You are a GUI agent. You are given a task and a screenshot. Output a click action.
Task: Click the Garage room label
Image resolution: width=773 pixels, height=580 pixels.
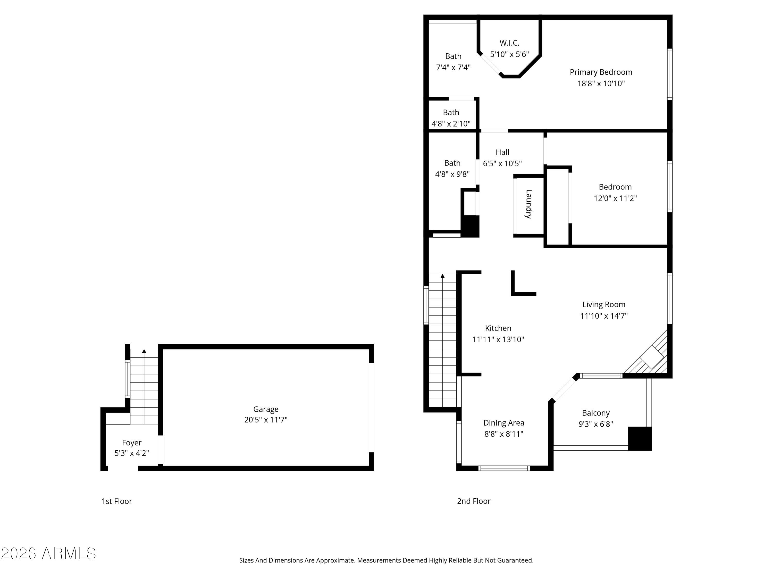[x=266, y=409]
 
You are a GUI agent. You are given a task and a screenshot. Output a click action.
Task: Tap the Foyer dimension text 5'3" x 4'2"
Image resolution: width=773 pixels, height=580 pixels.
[x=132, y=453]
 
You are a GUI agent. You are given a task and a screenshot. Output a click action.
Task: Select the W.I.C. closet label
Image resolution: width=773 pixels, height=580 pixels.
[x=509, y=43]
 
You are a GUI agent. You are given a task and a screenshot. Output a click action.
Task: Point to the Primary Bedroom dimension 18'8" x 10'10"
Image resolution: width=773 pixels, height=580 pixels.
[x=601, y=84]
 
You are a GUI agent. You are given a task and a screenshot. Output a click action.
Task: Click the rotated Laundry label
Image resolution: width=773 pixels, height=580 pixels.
[x=528, y=204]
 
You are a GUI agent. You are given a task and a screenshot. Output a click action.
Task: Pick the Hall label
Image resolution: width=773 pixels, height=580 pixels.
[x=502, y=152]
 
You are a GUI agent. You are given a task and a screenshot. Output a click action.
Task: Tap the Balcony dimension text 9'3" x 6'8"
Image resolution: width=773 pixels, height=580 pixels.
[x=595, y=424]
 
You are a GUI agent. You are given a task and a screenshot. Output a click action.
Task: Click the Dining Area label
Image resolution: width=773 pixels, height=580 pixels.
[x=503, y=423]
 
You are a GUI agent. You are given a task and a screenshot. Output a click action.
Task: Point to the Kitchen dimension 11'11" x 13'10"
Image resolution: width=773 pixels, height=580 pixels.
[x=498, y=339]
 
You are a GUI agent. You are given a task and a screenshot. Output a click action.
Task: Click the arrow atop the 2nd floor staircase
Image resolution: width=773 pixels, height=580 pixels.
[x=442, y=276]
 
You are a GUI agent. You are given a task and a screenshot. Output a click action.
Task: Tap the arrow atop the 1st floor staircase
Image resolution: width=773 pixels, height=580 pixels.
[x=144, y=351]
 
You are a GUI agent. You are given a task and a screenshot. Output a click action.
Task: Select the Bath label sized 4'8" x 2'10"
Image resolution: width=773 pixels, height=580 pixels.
[x=451, y=113]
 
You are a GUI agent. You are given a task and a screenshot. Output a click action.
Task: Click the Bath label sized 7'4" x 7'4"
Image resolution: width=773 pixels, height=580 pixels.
[x=453, y=56]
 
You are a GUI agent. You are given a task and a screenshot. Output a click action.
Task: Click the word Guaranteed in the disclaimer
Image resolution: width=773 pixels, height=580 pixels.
[x=515, y=560]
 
